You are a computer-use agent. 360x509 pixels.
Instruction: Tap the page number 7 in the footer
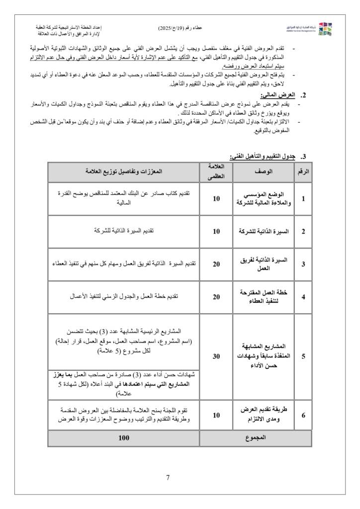[168, 478]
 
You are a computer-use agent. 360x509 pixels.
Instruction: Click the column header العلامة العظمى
[216, 171]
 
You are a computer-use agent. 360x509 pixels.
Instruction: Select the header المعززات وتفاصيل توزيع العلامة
[124, 171]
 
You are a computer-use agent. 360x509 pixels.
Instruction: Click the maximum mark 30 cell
[216, 356]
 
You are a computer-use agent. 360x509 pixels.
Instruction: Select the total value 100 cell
[124, 438]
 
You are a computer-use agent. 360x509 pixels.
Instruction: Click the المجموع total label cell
[256, 438]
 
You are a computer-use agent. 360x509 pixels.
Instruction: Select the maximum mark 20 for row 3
[216, 264]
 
